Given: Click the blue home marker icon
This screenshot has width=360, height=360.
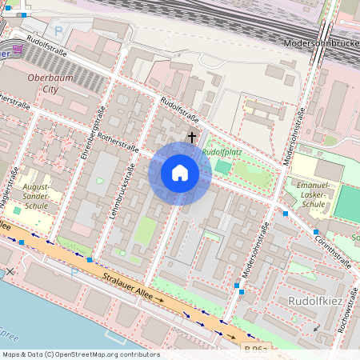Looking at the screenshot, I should [180, 173].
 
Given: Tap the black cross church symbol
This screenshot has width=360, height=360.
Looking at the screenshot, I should [191, 137].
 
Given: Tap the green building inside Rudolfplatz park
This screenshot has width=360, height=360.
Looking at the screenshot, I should [223, 166].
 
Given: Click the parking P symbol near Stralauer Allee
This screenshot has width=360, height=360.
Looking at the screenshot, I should [74, 272].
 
